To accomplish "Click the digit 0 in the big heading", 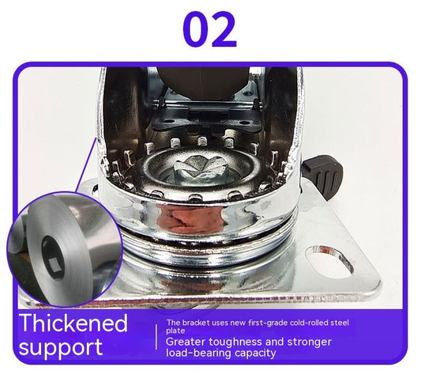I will click(197, 29).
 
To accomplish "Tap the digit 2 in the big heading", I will click(223, 29).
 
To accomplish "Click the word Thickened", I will click(73, 323).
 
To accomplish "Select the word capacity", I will click(261, 353).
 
